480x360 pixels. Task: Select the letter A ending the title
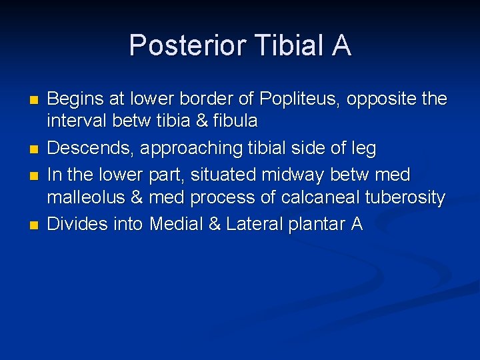pyautogui.click(x=339, y=45)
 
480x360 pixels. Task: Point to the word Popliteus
pyautogui.click(x=291, y=99)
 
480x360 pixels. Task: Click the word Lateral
pyautogui.click(x=254, y=224)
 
